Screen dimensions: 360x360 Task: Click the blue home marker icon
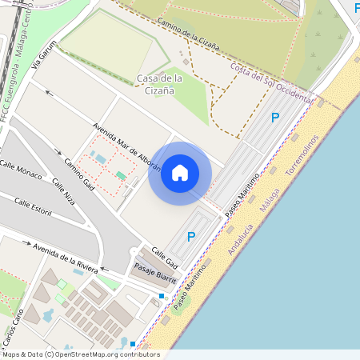[180, 173]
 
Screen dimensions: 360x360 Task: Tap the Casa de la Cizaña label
[161, 84]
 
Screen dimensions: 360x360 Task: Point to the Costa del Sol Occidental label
[270, 83]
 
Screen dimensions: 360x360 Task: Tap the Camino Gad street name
[79, 174]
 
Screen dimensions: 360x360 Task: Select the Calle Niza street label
[64, 192]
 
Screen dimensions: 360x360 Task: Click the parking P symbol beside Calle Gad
[191, 236]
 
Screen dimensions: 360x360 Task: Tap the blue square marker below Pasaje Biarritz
[162, 296]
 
